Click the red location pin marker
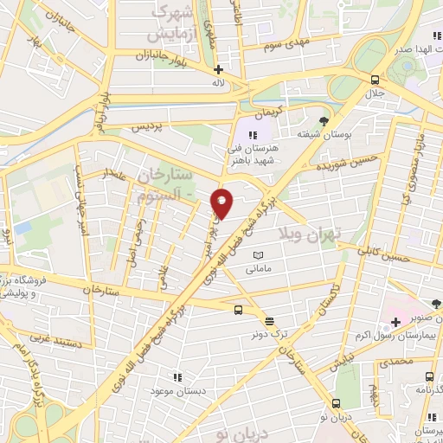point(222,203)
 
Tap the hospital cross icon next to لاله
point(218,69)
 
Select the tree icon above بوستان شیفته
point(324,120)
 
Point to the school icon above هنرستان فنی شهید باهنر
point(254,134)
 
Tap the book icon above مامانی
point(258,255)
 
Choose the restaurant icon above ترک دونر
point(269,320)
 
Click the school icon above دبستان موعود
point(177,377)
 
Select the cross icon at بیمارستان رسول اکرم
point(395,322)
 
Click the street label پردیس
point(145,126)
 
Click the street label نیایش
point(344,357)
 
